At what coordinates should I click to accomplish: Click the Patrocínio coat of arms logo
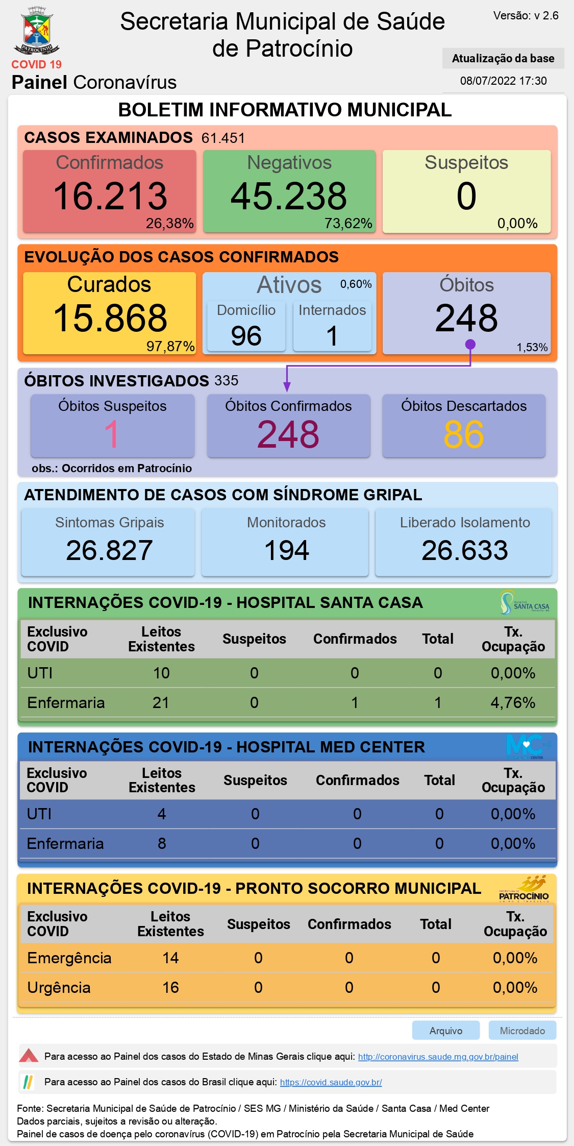click(x=37, y=32)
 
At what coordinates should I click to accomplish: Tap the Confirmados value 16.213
click(x=110, y=197)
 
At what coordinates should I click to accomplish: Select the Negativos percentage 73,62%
click(x=348, y=224)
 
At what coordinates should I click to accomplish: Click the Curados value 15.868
click(x=110, y=318)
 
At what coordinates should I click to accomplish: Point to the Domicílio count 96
click(x=246, y=336)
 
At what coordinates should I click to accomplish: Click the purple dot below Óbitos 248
click(x=470, y=345)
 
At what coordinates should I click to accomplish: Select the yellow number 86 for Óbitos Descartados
click(x=463, y=434)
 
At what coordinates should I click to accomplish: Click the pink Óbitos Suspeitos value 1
click(x=112, y=434)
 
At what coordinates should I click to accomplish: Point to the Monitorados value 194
click(x=286, y=550)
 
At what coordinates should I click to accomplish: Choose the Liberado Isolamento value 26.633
click(x=464, y=550)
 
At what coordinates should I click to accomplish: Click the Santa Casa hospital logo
click(x=525, y=603)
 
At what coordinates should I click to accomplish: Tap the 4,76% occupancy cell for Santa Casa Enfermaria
click(x=513, y=703)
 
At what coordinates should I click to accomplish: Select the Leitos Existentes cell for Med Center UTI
click(x=162, y=814)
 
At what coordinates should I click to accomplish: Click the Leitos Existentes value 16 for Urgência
click(x=170, y=988)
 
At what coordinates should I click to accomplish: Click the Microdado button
click(x=522, y=1031)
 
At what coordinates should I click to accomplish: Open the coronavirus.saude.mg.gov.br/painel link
click(x=438, y=1057)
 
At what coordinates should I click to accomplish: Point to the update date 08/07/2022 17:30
click(x=503, y=81)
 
